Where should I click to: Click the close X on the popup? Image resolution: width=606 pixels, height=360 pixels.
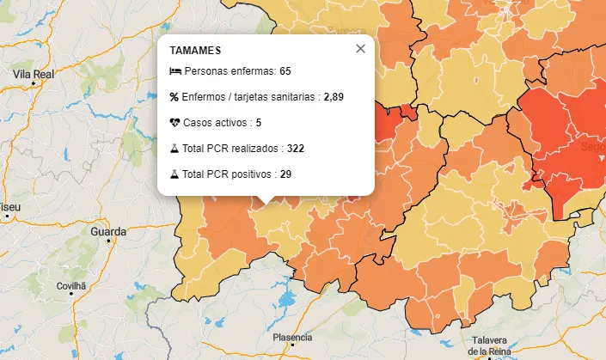coord(360,49)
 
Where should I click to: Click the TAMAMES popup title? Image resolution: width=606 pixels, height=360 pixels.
coord(196,52)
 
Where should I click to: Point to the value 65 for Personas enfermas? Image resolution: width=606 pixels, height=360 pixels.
coord(285,70)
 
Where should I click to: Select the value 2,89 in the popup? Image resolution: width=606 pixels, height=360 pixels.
coord(334,97)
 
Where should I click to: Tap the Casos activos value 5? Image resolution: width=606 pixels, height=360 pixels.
coord(258,123)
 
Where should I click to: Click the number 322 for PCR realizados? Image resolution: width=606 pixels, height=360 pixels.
coord(296,149)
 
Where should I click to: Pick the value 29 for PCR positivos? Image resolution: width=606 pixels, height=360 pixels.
coord(285,174)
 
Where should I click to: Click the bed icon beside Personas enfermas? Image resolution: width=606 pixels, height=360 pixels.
coord(175,70)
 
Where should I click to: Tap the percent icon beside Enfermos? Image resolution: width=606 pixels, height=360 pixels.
coord(174,97)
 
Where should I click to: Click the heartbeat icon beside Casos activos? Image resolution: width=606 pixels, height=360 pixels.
coord(175,123)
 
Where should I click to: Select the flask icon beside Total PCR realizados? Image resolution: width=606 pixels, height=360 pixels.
coord(174,149)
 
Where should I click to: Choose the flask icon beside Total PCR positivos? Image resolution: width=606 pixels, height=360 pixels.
coord(174,174)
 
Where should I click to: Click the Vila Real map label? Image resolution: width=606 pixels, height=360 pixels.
coord(34,75)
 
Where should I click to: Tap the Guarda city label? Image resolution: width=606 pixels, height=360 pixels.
coord(108,232)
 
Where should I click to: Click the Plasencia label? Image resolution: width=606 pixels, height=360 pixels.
coord(292,338)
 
